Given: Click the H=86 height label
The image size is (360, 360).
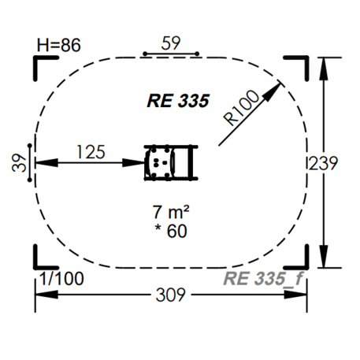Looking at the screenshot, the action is pos(58,45).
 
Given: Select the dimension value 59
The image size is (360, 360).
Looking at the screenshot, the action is pos(171,43).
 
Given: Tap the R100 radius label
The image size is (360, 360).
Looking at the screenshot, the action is pos(242,108).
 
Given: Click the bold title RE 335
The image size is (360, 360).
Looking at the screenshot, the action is pos(178,101).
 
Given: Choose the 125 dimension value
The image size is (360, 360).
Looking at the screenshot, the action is pos(91,152).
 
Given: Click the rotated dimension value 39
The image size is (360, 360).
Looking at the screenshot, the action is pos(19,163).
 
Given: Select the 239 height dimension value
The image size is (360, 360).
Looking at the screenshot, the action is pos(323,163).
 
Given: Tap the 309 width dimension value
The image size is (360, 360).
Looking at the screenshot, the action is pos(171,295).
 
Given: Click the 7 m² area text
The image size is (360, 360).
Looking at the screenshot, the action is pos(171,212).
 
